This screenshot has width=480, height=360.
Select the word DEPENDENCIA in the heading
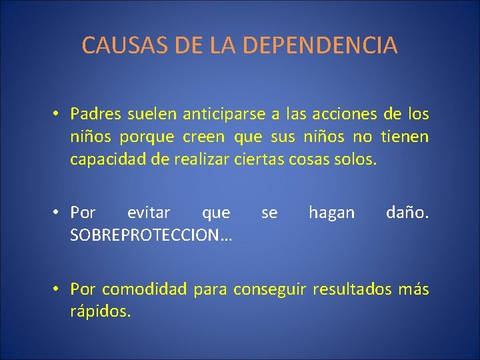click(320, 45)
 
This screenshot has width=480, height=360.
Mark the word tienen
click(405, 137)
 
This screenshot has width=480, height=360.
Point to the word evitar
click(148, 213)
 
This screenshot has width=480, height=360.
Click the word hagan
click(331, 213)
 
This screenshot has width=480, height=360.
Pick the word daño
click(407, 213)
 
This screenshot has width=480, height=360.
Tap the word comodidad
click(145, 289)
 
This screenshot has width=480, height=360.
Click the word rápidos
click(100, 311)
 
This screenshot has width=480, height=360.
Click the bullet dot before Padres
click(59, 114)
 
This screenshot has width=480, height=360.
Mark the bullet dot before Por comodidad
click(59, 289)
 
